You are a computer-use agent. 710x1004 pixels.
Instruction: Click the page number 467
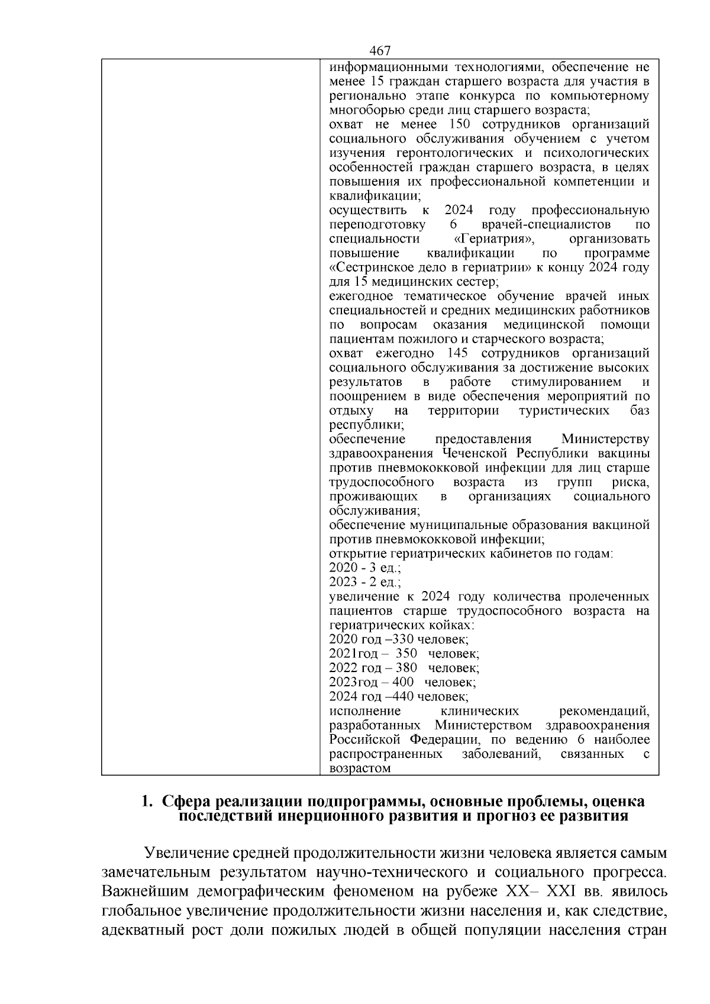pos(379,51)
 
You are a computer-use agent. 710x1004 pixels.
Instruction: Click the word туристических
pos(564,411)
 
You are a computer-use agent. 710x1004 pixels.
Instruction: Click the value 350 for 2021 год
pos(406,654)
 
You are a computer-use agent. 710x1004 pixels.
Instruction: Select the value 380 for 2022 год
pos(406,668)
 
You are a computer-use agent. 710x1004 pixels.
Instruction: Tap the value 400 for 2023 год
pos(403,682)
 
